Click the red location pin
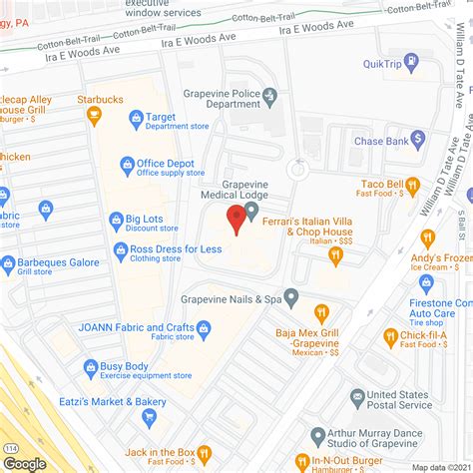click(x=236, y=219)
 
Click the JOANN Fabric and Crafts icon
click(x=204, y=328)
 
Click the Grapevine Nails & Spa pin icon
click(x=291, y=297)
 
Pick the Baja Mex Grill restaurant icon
click(x=322, y=312)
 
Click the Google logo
click(x=24, y=464)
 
